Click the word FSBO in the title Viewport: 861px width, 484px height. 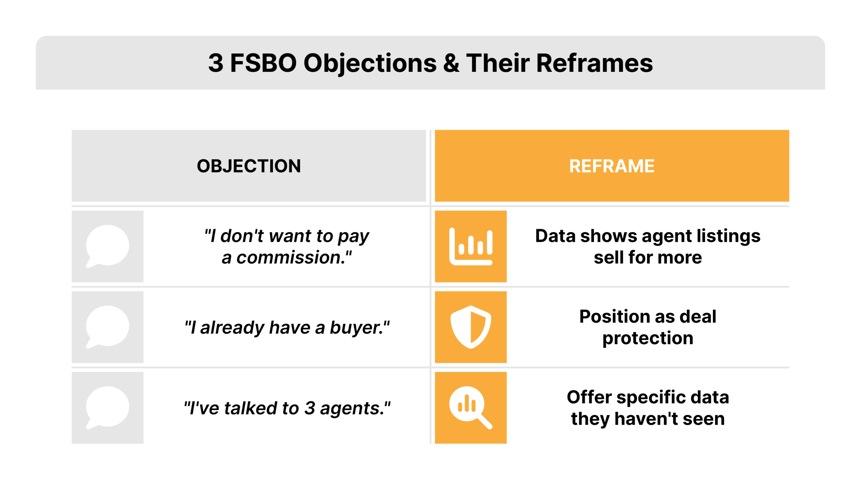point(263,63)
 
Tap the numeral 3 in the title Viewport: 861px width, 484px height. point(216,63)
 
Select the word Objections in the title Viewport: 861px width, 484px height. point(370,63)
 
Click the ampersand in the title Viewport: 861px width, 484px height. point(451,63)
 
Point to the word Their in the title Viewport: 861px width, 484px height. point(498,63)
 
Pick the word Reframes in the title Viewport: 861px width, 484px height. point(594,63)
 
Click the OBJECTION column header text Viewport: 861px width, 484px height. point(249,166)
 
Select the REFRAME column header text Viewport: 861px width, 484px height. point(612,166)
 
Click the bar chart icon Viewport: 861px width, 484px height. point(471,246)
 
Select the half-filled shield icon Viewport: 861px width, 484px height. point(471,327)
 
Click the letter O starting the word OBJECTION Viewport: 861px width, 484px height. point(204,166)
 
